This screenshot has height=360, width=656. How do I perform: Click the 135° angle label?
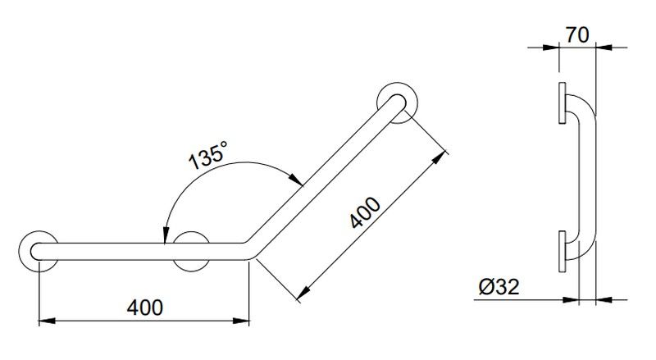pyautogui.click(x=208, y=155)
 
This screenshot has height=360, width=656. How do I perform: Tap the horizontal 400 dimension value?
pyautogui.click(x=145, y=308)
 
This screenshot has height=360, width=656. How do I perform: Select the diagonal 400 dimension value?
pyautogui.click(x=365, y=212)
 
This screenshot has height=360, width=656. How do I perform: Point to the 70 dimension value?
pyautogui.click(x=577, y=35)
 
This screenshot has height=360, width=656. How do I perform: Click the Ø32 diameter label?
pyautogui.click(x=499, y=287)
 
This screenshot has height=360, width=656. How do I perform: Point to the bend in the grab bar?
pyautogui.click(x=250, y=250)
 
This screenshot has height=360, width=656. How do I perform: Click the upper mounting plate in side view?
pyautogui.click(x=562, y=103)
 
